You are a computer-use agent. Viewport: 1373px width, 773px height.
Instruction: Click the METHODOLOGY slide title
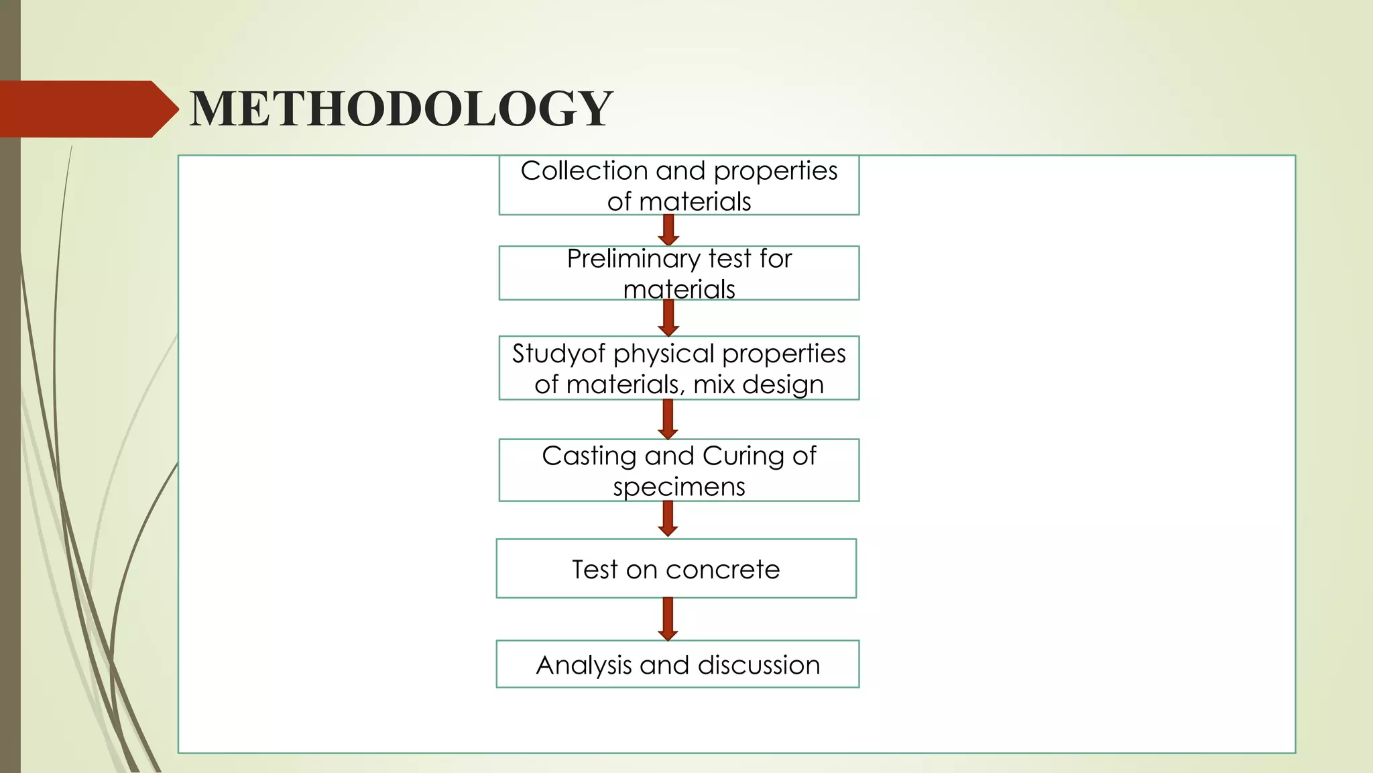[401, 109]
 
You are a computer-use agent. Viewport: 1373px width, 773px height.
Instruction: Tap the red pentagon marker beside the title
[87, 109]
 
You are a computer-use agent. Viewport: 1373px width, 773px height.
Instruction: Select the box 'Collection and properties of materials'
[678, 186]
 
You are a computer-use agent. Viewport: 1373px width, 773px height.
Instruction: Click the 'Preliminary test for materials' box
[678, 273]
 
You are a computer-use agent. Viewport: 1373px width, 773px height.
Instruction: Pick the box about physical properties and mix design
[678, 368]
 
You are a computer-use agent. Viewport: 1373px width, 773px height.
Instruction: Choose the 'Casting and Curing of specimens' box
[678, 470]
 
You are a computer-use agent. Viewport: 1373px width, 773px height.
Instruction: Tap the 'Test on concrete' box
[676, 568]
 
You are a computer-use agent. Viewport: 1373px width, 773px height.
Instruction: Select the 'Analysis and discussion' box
[677, 664]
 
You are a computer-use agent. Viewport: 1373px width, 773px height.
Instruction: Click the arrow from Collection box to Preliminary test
[668, 230]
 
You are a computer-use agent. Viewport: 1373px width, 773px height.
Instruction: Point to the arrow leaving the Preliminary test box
[668, 318]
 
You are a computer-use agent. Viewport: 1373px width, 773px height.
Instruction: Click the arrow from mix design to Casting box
[668, 419]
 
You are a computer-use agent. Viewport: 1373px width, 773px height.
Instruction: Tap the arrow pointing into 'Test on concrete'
[668, 519]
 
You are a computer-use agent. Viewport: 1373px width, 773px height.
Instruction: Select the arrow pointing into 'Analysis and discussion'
[668, 619]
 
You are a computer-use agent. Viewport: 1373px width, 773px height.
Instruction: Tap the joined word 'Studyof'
[558, 354]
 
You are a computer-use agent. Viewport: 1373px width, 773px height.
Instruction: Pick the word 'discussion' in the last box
[758, 666]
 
